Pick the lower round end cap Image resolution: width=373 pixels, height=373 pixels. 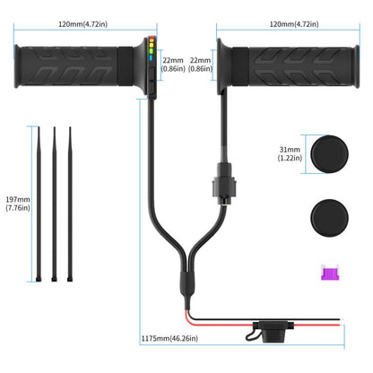(x=326, y=215)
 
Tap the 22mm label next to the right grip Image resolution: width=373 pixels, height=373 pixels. (x=201, y=64)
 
